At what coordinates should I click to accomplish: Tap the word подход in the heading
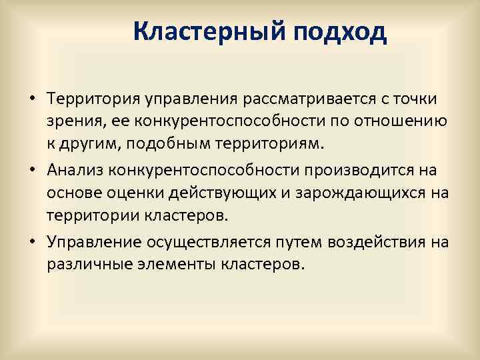tap(339, 31)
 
